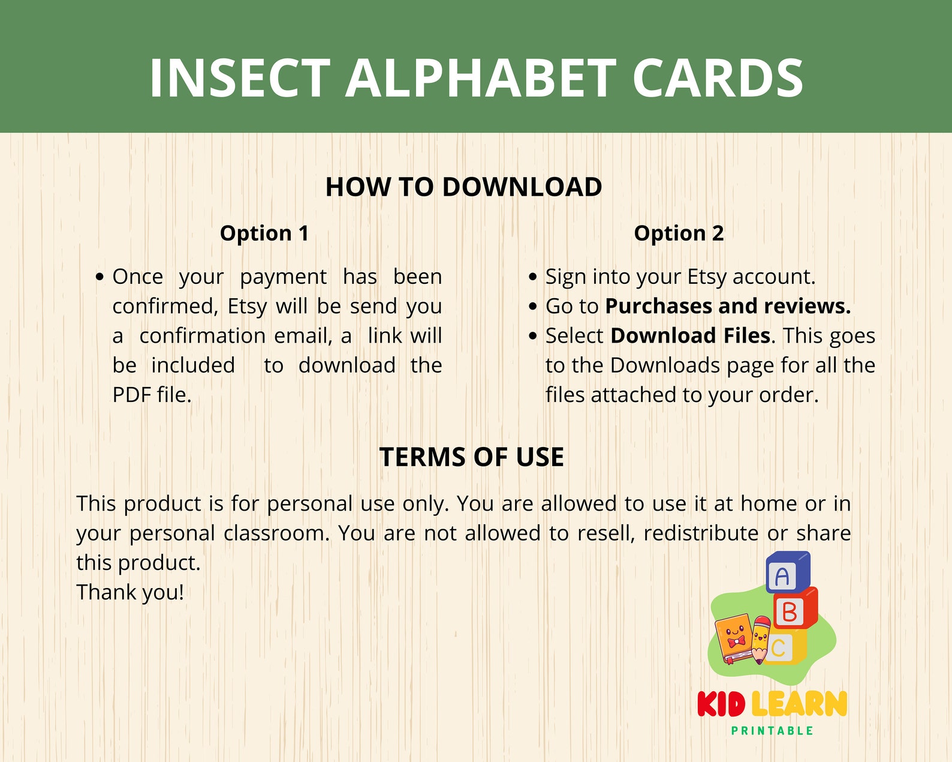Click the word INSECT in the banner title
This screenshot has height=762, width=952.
tap(240, 78)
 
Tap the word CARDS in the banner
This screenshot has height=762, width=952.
tap(718, 78)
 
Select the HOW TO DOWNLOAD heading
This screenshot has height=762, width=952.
tap(463, 187)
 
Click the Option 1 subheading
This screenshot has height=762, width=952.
tap(264, 233)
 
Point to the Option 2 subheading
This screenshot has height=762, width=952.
tap(679, 233)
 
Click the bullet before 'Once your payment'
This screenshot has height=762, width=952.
tap(100, 277)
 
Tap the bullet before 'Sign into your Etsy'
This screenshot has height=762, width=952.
tap(533, 277)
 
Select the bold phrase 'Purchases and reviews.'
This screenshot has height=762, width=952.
tap(728, 306)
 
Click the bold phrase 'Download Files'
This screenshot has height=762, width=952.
tap(690, 335)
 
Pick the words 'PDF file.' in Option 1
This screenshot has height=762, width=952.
tap(152, 395)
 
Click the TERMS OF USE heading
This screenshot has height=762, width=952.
tap(471, 457)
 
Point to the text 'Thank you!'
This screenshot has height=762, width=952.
tap(130, 592)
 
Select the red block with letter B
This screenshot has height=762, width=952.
tap(793, 611)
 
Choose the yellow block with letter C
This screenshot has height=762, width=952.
tap(782, 647)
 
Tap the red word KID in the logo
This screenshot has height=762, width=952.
tap(721, 704)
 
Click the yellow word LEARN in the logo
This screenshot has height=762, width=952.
tap(799, 704)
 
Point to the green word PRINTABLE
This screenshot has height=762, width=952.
tap(772, 731)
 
